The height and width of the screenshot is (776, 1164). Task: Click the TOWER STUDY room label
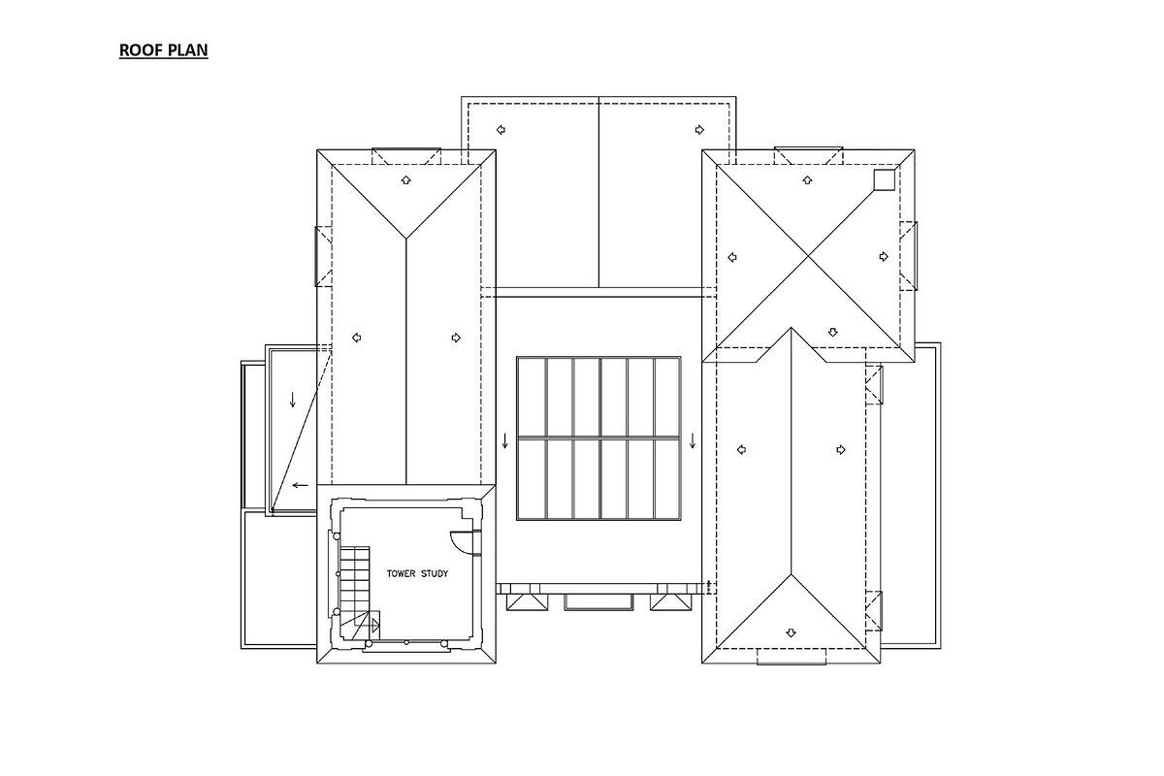[417, 573]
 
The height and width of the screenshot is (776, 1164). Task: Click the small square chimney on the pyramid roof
[883, 179]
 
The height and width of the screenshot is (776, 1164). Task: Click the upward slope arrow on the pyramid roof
[808, 179]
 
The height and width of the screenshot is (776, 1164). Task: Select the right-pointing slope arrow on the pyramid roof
[884, 256]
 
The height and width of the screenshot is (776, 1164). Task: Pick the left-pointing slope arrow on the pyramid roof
[733, 257]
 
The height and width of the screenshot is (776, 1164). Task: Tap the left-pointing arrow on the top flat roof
[501, 129]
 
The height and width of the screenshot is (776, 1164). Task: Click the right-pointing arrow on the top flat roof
[698, 129]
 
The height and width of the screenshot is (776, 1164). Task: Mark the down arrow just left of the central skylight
[504, 441]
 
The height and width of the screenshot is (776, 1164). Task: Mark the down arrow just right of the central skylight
[693, 441]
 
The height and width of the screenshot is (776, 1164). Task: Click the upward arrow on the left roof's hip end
[406, 179]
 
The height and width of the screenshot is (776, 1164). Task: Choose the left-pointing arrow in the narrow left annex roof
[300, 485]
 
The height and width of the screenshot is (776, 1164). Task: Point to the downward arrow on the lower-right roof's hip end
[791, 632]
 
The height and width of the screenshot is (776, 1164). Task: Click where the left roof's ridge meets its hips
[406, 238]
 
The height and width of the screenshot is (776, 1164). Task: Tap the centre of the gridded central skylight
[598, 438]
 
